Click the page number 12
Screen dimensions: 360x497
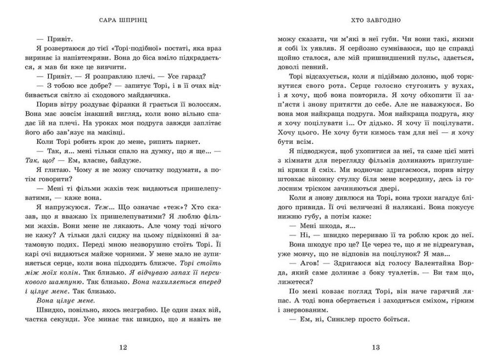click(123, 347)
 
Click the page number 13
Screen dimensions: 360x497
click(375, 347)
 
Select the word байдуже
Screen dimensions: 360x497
click(126, 160)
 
